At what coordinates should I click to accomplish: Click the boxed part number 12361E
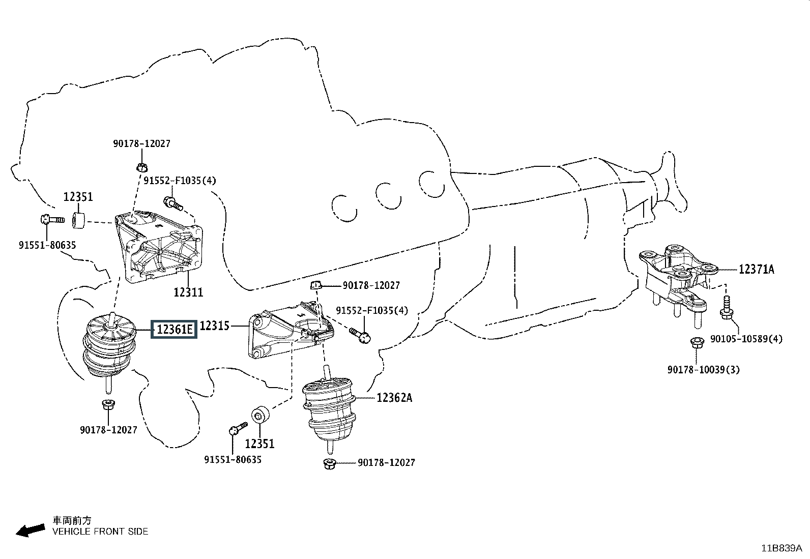pos(174,330)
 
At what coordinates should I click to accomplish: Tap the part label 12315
pos(214,326)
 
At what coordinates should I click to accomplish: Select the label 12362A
pos(394,398)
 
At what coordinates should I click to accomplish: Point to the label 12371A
pos(757,270)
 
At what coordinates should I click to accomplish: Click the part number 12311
pos(188,292)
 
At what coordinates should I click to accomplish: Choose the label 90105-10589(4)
pos(746,339)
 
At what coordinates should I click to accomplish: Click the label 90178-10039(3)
pos(704,370)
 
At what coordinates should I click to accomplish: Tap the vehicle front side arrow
pos(31,530)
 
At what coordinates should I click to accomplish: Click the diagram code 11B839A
pos(782,548)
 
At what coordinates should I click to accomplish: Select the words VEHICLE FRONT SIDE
pos(100,532)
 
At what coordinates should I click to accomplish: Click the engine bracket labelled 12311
pos(159,246)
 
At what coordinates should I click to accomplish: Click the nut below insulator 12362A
pos(329,463)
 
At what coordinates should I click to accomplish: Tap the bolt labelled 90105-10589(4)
pos(727,308)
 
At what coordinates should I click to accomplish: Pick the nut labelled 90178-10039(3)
pos(697,342)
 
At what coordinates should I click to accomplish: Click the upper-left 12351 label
pos(78,197)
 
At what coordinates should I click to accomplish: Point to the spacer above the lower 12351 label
pos(261,415)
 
